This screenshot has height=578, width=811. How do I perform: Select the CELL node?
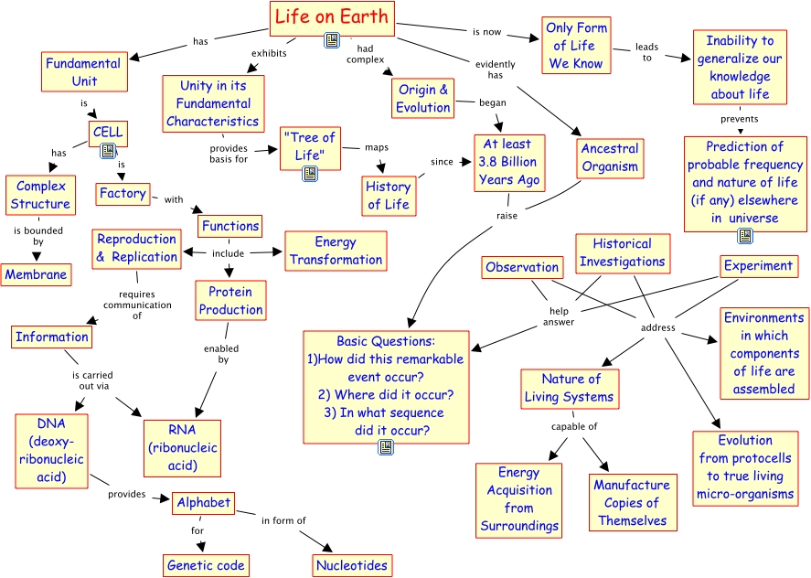[108, 133]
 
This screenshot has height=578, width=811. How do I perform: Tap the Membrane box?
[36, 273]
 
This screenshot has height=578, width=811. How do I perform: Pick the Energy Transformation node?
[336, 251]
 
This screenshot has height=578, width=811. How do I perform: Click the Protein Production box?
[230, 300]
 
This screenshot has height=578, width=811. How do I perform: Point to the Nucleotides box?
[352, 566]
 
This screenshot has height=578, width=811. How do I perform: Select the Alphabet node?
[204, 503]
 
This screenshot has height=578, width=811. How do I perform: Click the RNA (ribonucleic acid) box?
[183, 447]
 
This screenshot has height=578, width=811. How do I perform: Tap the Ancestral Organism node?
[610, 157]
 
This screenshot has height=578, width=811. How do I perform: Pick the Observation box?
[522, 267]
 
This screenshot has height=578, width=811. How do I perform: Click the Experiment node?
[758, 266]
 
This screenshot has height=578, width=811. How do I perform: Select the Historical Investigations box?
[623, 252]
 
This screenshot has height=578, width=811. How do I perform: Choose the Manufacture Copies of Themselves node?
[632, 502]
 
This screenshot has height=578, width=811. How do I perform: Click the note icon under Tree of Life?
[310, 172]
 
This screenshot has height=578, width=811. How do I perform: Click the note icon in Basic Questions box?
[386, 446]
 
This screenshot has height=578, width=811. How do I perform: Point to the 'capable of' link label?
[574, 426]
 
